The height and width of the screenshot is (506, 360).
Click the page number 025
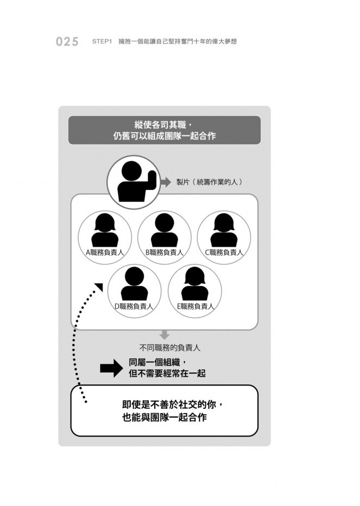pos(67,42)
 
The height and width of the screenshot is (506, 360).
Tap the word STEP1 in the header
pos(102,42)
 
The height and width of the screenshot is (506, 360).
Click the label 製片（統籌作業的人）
pos(210,182)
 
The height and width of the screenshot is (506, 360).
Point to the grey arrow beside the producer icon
pos(166,182)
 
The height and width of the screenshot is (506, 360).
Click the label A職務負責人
pos(105,252)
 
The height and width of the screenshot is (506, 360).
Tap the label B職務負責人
pos(165,252)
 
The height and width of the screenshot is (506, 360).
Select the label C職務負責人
pos(224,252)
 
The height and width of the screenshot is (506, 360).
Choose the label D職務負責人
pos(134,306)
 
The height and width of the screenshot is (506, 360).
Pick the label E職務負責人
pos(195,306)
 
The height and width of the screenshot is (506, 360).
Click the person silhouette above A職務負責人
pos(105,230)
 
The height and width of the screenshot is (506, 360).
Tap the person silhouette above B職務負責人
pos(165,230)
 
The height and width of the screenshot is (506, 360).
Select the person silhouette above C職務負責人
pos(224,230)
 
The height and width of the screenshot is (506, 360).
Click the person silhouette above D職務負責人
pos(134,283)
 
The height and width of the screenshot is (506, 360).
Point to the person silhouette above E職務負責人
pos(195,283)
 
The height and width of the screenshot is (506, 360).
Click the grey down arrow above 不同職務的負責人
pos(165,334)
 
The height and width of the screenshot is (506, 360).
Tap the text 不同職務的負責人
pos(170,348)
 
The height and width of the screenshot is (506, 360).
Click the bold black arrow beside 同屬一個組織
pos(111,368)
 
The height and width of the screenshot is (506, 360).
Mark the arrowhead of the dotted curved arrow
pos(99,287)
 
